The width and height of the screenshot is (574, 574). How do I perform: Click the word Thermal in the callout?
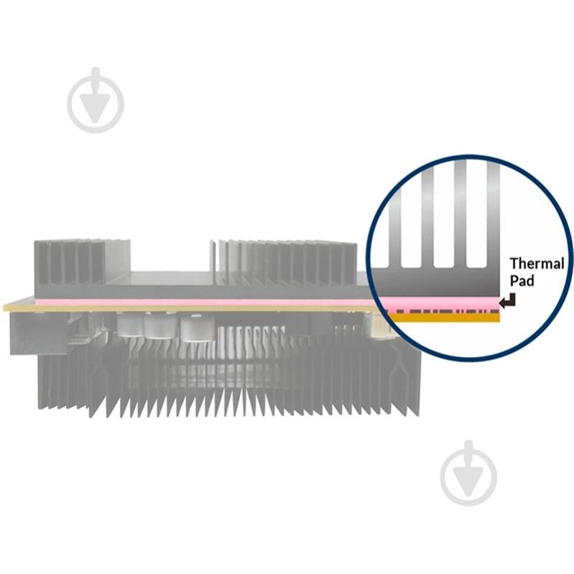point(537,264)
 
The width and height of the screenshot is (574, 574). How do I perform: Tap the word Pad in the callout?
point(522,281)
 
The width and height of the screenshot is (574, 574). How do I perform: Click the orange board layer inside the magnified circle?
point(444,318)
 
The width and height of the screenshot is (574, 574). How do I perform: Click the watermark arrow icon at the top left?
point(95,100)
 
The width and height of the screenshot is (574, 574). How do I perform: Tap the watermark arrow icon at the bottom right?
point(468,473)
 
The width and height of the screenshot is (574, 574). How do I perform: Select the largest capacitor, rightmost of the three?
point(197,328)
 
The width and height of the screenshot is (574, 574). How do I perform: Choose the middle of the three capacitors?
point(157,326)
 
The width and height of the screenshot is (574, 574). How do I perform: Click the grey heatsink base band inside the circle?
point(435,282)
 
